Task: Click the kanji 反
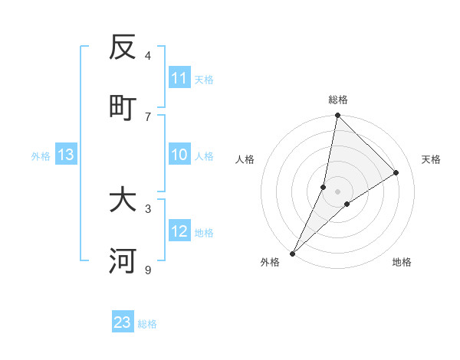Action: tap(123, 47)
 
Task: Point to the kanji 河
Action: tap(123, 261)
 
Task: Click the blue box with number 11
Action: tap(179, 78)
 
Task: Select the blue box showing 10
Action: tap(179, 155)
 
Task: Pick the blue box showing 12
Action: tap(179, 231)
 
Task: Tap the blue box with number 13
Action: tap(66, 155)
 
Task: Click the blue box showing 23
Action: tap(123, 322)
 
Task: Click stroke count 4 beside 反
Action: tap(148, 55)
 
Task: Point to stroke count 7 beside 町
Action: tap(148, 116)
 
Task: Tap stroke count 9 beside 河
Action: tap(148, 270)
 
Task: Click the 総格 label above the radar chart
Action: tap(337, 100)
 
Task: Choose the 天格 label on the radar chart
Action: tap(431, 159)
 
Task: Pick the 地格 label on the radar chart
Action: tap(402, 262)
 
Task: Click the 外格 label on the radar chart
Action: tap(270, 262)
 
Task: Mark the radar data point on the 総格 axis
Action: tap(337, 115)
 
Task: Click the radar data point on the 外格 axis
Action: tap(292, 253)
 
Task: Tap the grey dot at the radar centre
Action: tap(337, 191)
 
